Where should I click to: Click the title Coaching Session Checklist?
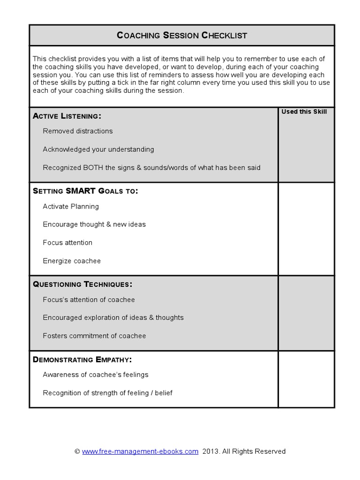181,35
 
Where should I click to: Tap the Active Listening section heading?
67,116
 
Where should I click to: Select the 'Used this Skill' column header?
304,112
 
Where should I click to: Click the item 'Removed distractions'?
78,131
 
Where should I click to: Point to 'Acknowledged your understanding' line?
98,150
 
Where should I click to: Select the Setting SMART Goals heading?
85,191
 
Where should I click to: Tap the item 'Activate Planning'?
71,206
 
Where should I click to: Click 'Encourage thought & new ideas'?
94,225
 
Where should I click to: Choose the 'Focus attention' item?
67,243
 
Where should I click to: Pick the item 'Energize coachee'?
72,261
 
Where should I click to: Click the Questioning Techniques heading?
82,285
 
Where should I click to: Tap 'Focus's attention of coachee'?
89,300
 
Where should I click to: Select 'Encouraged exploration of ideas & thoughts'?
113,318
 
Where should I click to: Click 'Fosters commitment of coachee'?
94,336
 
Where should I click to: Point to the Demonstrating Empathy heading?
82,360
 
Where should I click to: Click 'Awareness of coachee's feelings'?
96,375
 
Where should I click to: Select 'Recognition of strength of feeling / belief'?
108,393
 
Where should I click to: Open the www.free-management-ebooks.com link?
140,451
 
